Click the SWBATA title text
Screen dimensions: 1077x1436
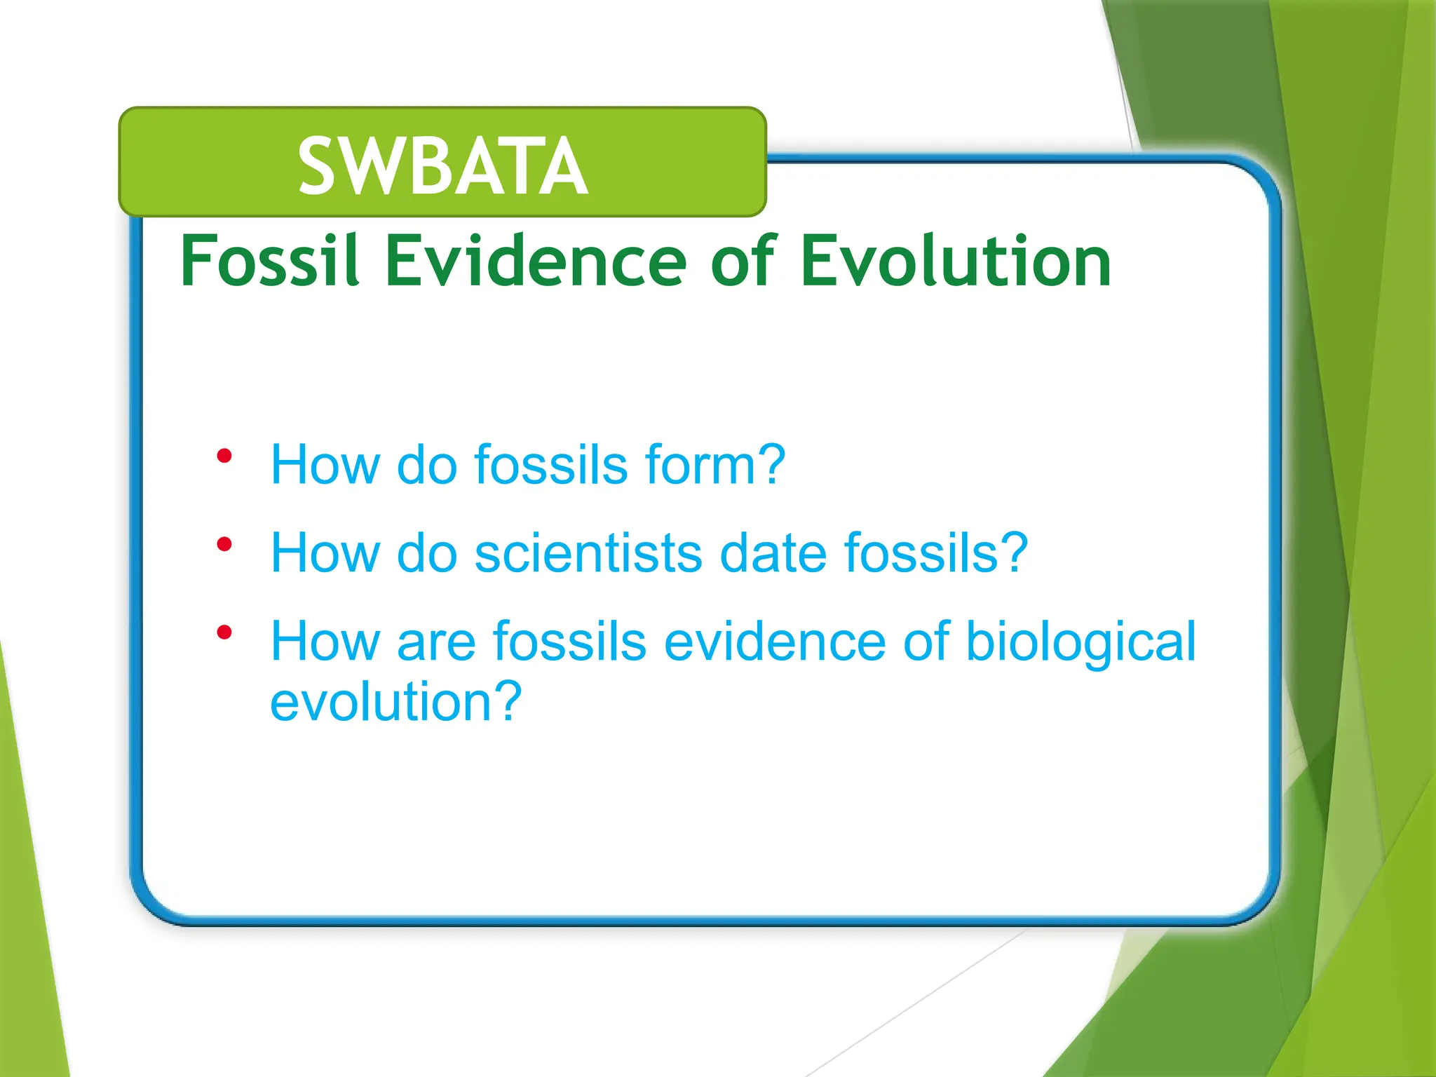(442, 166)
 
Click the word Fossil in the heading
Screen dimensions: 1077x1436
(270, 261)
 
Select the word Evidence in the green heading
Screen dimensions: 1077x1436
(536, 261)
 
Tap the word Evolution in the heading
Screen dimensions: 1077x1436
(955, 261)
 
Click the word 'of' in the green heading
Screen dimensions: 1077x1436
(743, 261)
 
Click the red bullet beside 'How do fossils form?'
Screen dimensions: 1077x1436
(224, 457)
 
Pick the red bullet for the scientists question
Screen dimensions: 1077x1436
(224, 545)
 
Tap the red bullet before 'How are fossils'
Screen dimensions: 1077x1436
(224, 633)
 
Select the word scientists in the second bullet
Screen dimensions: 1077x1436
(588, 553)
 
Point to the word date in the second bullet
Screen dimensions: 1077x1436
(773, 553)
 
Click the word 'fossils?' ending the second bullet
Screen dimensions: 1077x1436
(936, 553)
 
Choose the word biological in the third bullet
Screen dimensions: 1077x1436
(1081, 642)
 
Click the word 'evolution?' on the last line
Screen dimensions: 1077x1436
(396, 701)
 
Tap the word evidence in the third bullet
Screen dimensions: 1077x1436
(775, 641)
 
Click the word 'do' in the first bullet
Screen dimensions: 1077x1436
(427, 464)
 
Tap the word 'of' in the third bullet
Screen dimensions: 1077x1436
(926, 641)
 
